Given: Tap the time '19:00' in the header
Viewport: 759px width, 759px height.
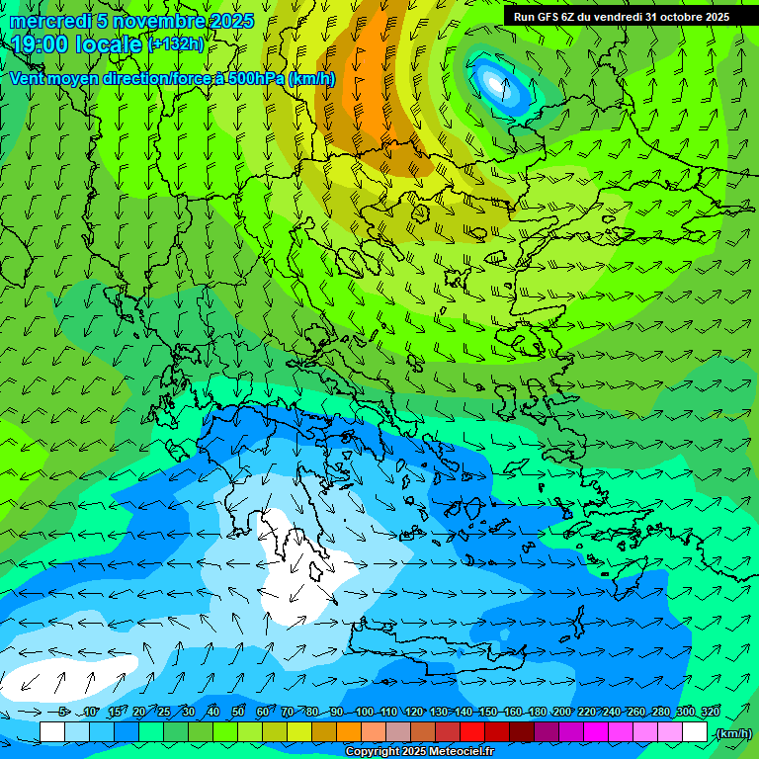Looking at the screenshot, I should point(42,45).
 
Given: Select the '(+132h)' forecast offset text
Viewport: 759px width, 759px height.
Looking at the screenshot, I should point(176,44).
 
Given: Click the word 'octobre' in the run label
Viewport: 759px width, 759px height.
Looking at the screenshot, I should point(683,16).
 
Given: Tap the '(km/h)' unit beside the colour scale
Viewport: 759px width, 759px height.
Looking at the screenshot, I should point(732,733).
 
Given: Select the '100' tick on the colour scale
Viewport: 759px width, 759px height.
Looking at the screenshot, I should point(365,713).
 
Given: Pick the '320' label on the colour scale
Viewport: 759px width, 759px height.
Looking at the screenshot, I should point(710,713).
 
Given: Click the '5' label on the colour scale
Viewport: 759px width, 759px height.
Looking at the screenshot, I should point(64,713).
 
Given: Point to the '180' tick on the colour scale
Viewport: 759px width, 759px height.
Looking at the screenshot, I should point(538,713).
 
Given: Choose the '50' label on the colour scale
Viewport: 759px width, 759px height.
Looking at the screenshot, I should point(238,713).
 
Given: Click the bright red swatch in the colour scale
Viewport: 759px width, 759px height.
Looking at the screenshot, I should point(472,732).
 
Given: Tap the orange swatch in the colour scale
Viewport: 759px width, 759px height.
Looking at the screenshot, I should point(349,732).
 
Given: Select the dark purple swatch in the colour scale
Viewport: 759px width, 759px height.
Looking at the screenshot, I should point(547,732).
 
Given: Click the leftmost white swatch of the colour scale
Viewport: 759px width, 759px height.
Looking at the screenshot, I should point(52,732).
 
